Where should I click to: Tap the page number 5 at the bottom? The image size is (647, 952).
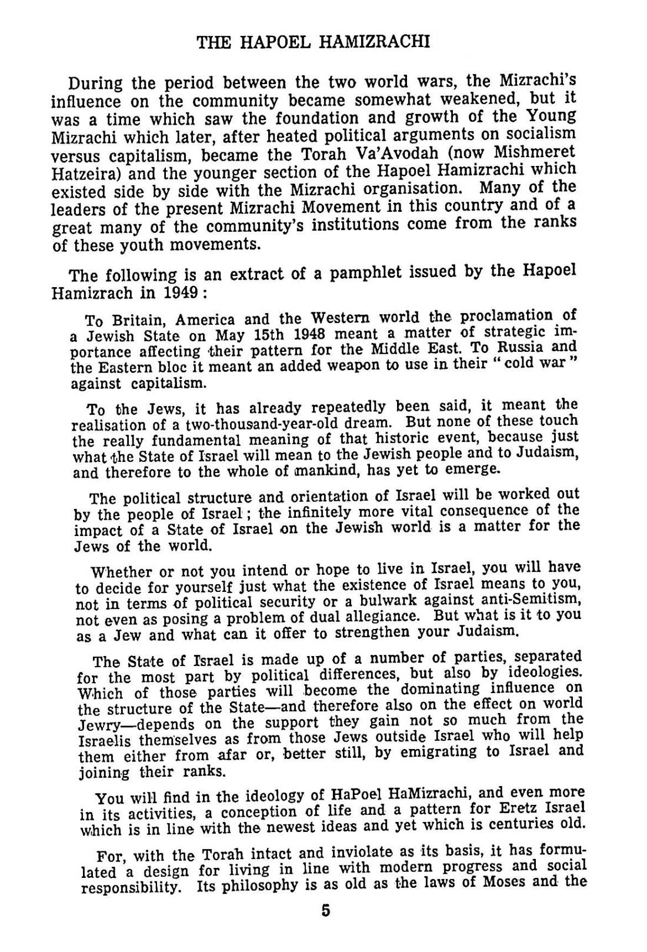click(326, 910)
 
